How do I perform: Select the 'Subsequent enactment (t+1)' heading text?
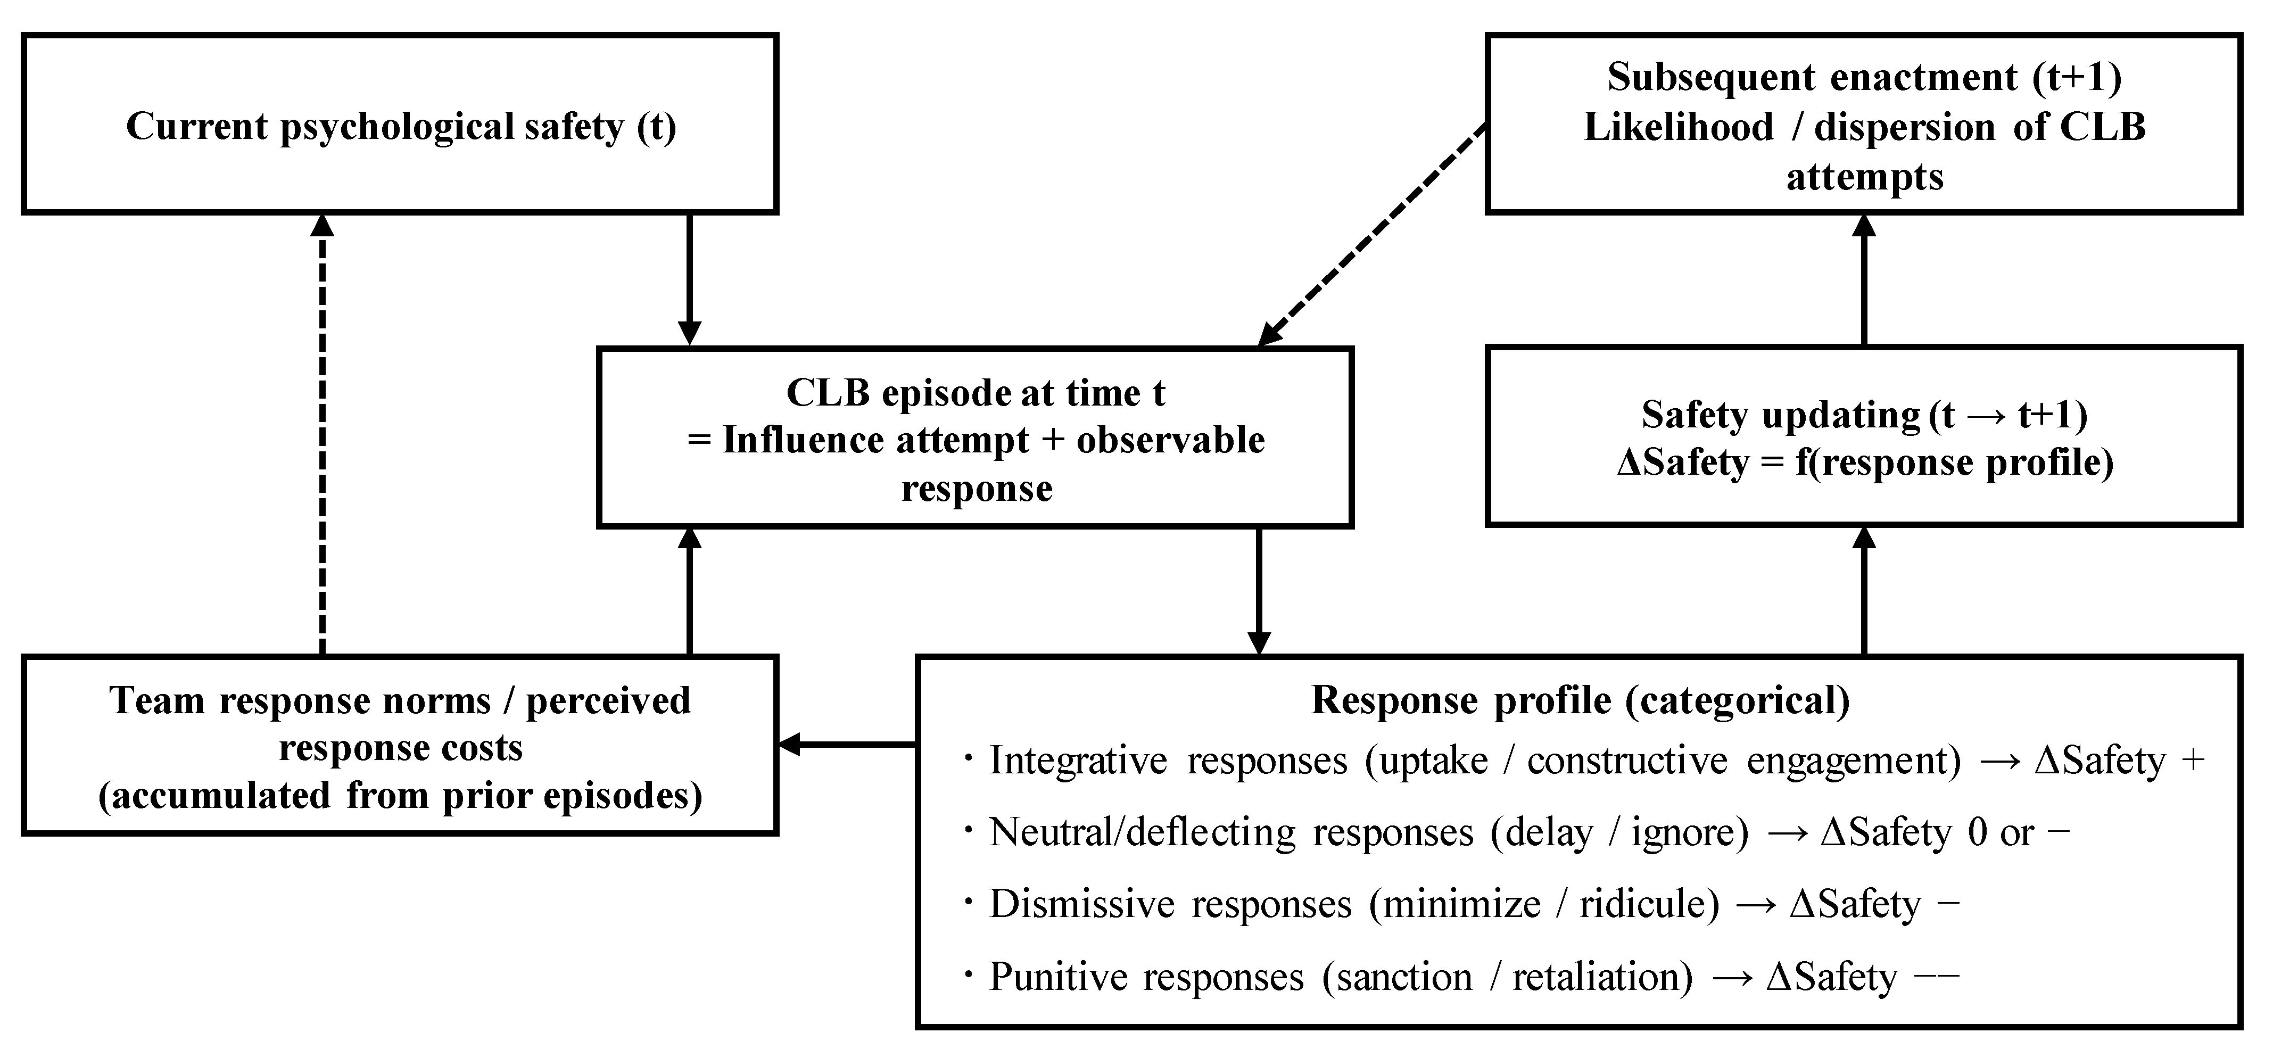pyautogui.click(x=1864, y=77)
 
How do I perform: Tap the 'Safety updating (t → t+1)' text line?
pyautogui.click(x=1864, y=415)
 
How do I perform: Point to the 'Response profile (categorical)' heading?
pyautogui.click(x=1580, y=700)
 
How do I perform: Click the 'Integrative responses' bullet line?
pyautogui.click(x=1584, y=761)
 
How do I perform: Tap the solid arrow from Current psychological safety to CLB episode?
pyautogui.click(x=689, y=279)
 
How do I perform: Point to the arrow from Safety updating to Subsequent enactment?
pyautogui.click(x=1864, y=279)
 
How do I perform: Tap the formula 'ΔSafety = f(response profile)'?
pyautogui.click(x=1864, y=463)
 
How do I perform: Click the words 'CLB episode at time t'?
pyautogui.click(x=976, y=393)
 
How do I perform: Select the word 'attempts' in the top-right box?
pyautogui.click(x=1864, y=177)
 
